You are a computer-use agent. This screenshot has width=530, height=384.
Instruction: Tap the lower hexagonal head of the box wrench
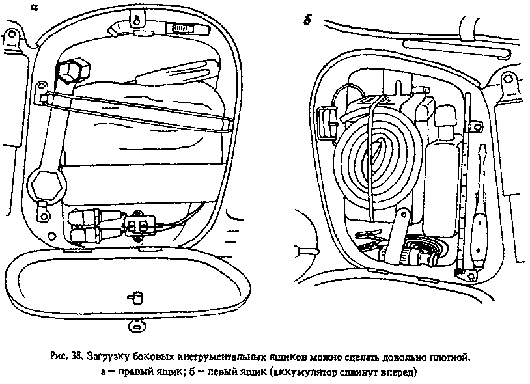click(47, 184)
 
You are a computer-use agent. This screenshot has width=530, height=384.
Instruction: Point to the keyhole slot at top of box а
click(137, 20)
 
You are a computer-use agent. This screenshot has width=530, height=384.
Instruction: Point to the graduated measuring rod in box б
click(465, 182)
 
